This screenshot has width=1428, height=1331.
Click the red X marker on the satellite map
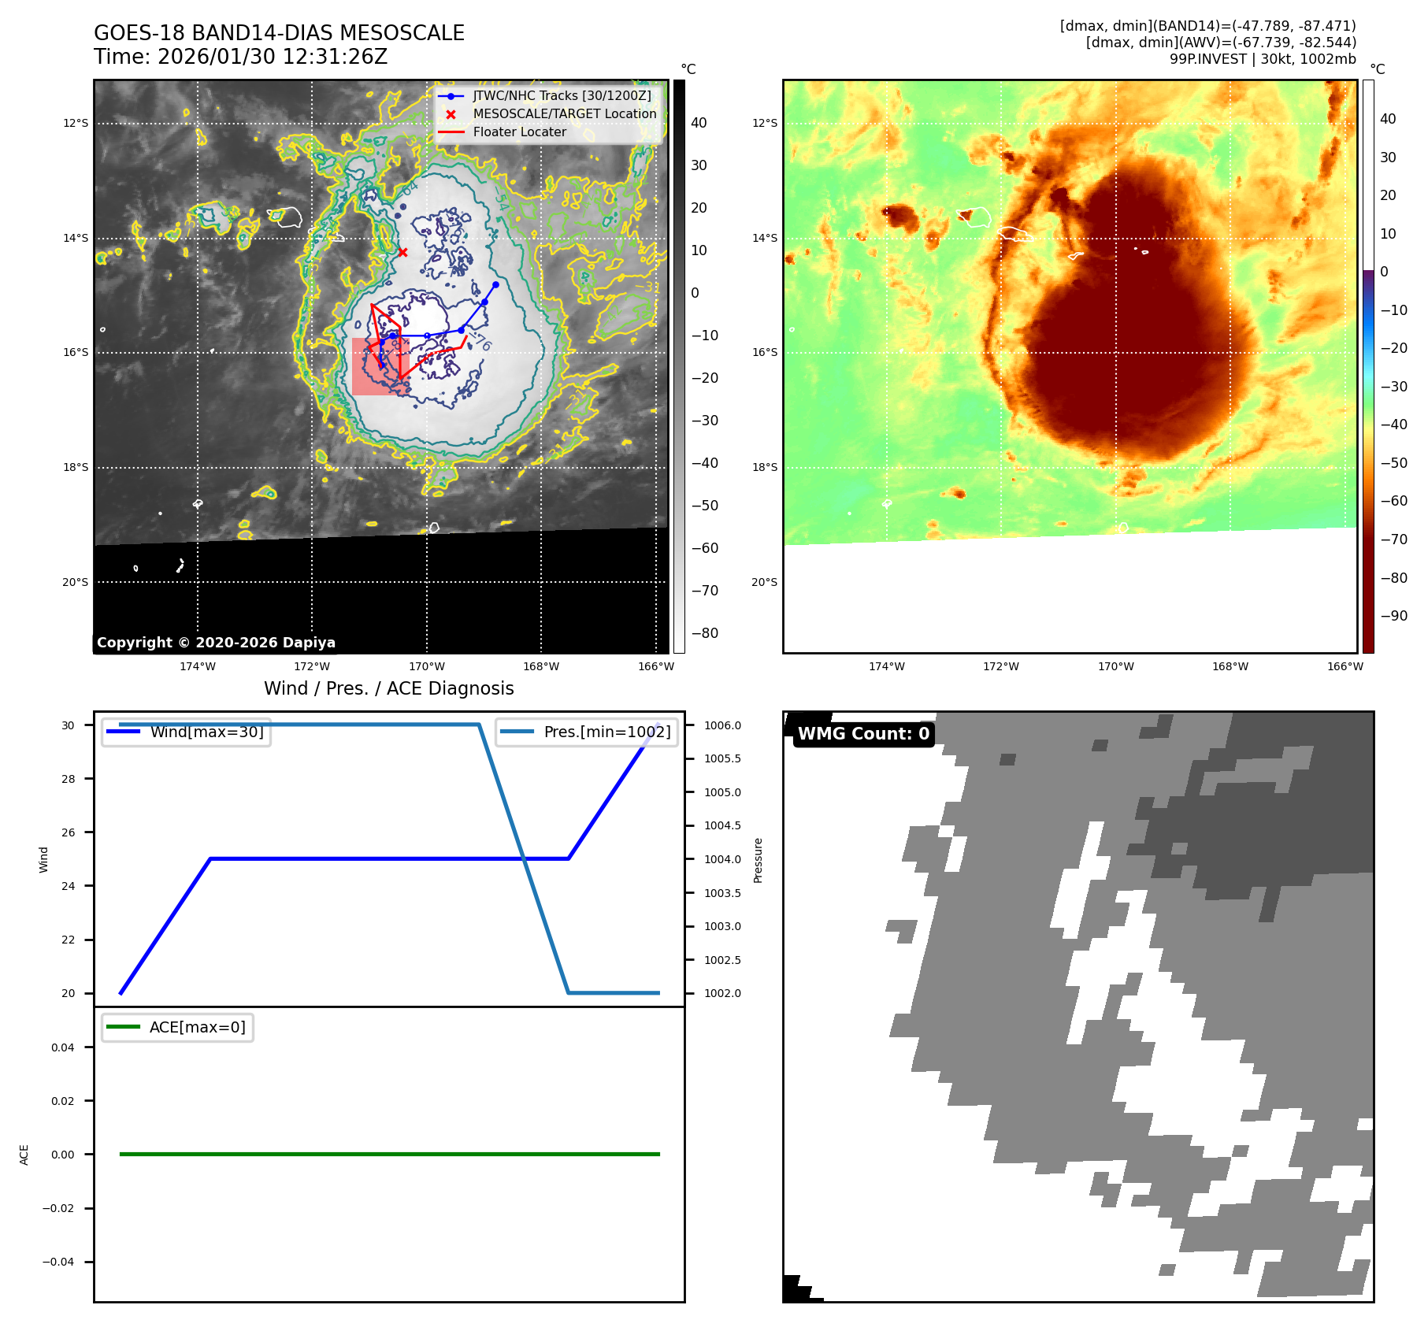click(x=402, y=252)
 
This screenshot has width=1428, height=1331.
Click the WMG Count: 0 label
click(x=863, y=734)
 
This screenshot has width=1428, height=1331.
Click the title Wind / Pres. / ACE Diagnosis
click(x=388, y=688)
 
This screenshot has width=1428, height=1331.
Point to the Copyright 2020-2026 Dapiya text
click(x=216, y=643)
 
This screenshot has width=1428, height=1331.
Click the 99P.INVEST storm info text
click(x=1262, y=59)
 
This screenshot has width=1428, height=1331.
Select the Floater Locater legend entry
click(x=519, y=132)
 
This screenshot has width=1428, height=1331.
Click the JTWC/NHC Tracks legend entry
click(x=562, y=95)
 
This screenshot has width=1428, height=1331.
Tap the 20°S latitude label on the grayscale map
click(x=76, y=582)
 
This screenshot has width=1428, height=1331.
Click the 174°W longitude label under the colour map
click(x=886, y=666)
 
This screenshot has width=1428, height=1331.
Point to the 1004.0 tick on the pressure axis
click(x=722, y=859)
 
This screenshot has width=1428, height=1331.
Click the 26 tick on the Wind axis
click(x=69, y=832)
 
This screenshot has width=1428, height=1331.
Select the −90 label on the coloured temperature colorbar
click(x=1393, y=616)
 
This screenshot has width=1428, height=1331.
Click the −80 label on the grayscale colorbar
click(x=704, y=633)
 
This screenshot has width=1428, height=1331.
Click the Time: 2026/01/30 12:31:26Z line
click(x=240, y=57)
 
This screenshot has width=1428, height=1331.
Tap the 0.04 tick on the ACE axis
click(x=63, y=1047)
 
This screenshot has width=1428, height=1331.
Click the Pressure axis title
click(x=758, y=860)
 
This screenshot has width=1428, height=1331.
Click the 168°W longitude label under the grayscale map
click(x=541, y=666)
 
